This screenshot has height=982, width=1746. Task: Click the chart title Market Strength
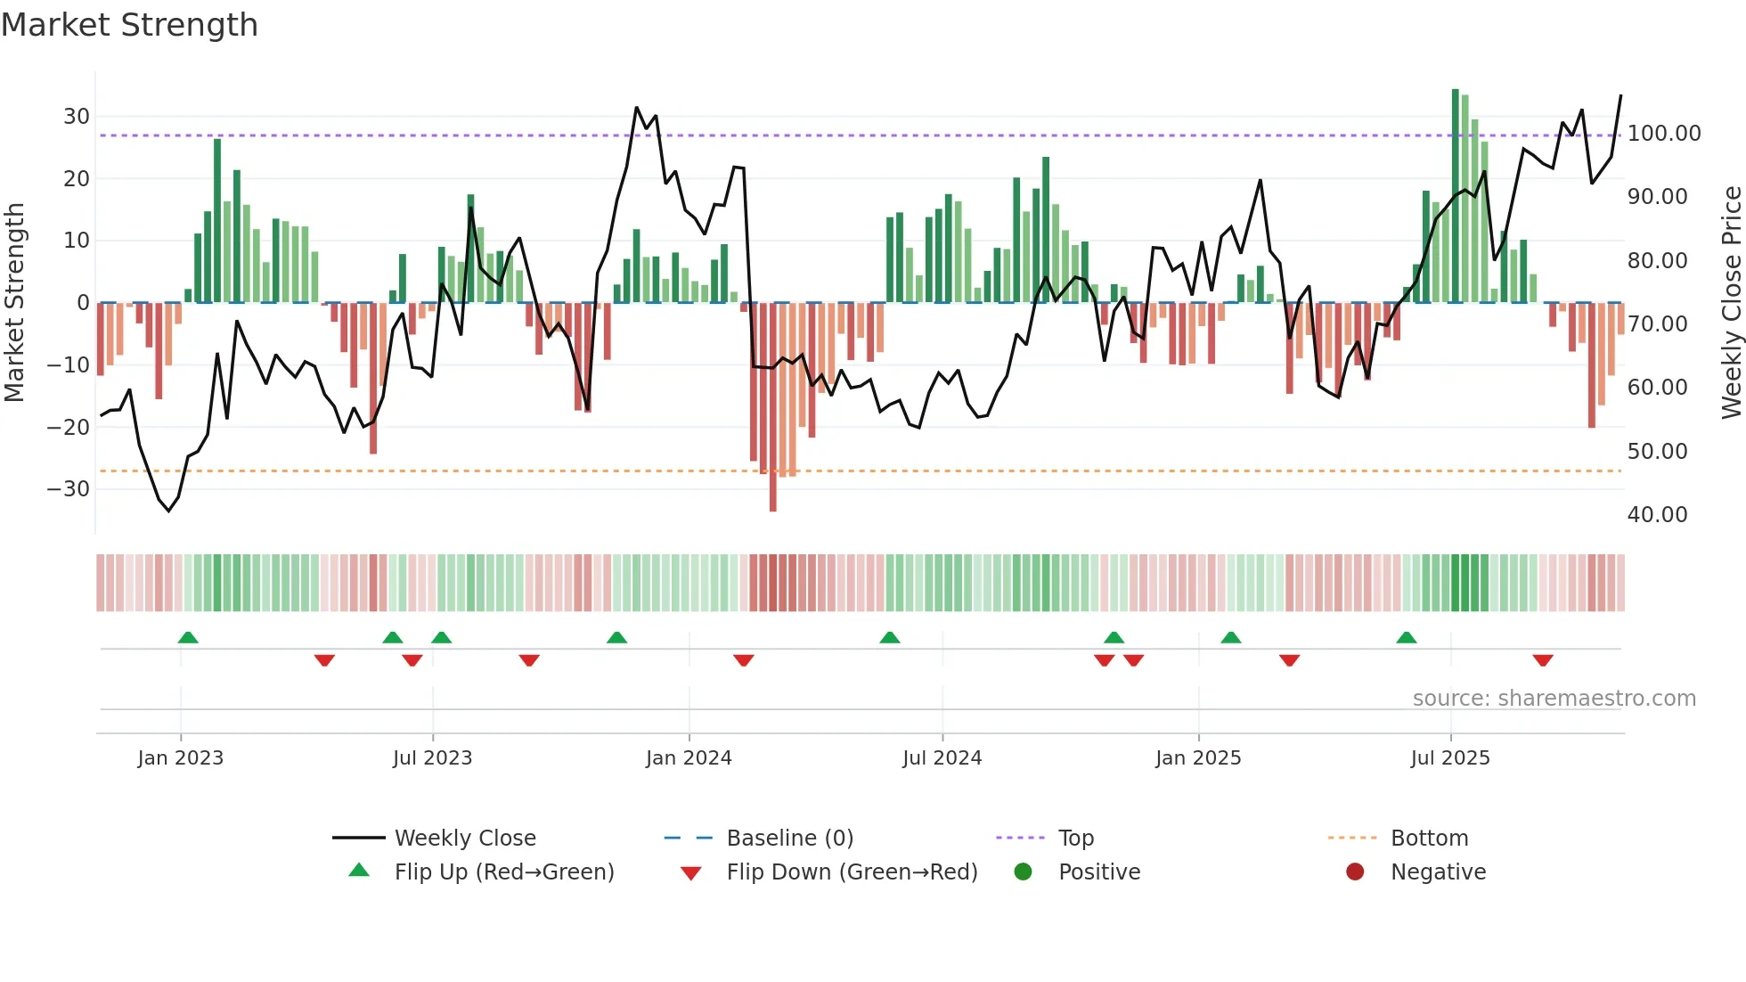point(129,25)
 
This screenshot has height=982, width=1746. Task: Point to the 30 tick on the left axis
point(77,117)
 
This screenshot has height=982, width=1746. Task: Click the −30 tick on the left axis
point(69,489)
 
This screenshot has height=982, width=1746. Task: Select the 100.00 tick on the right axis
point(1663,134)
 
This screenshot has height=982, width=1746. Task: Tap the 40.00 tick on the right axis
point(1657,515)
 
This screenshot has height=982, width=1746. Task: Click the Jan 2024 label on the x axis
point(689,758)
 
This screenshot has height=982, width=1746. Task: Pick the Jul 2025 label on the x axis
point(1450,758)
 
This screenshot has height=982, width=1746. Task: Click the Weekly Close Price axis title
point(1731,303)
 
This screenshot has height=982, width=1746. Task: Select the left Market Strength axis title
point(15,303)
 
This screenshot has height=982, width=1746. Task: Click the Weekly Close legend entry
point(465,839)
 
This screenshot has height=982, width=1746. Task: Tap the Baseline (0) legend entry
point(789,839)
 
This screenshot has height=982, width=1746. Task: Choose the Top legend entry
point(1076,839)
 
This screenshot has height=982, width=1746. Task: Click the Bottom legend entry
point(1429,839)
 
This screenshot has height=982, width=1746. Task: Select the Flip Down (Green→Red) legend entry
point(852,872)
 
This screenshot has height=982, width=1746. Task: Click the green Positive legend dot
point(1023,872)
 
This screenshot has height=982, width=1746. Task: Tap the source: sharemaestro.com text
point(1554,699)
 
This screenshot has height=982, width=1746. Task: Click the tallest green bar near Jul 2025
point(1456,196)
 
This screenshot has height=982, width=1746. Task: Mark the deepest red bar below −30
point(772,410)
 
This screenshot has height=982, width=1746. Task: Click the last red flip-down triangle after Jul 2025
point(1543,660)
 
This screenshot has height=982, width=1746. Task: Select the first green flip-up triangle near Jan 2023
point(188,637)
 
